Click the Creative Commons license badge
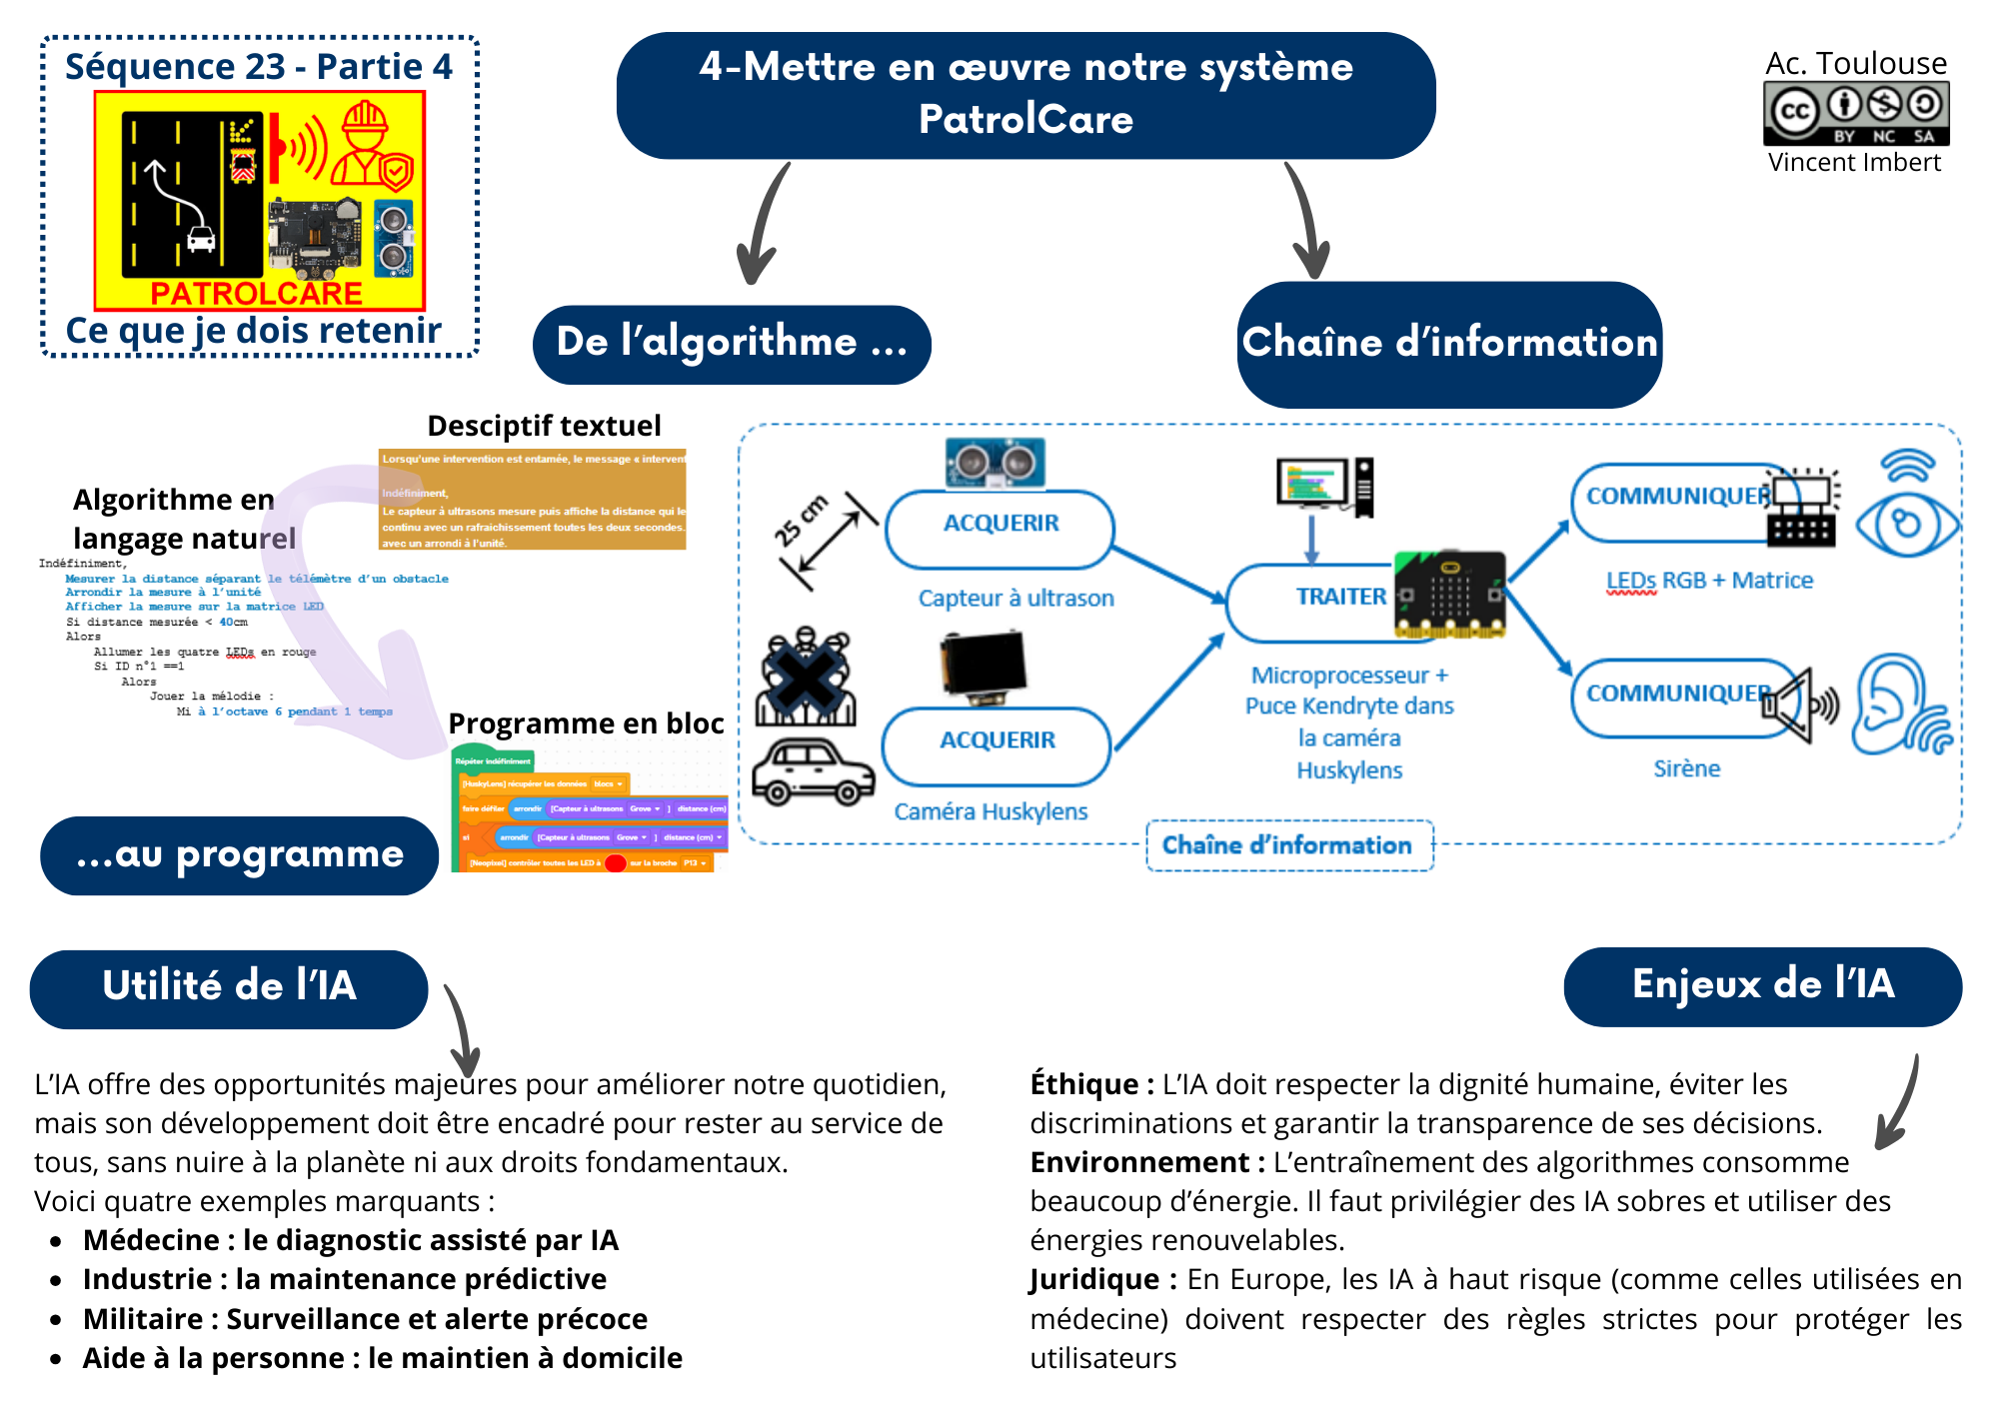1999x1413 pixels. click(x=1856, y=114)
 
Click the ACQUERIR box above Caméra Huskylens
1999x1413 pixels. click(x=997, y=741)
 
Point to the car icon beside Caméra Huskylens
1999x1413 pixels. click(x=812, y=772)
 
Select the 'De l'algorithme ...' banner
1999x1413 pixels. click(x=732, y=343)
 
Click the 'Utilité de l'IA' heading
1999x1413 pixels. click(x=229, y=986)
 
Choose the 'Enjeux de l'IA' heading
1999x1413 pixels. click(x=1762, y=985)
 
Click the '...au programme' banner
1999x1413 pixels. click(x=240, y=855)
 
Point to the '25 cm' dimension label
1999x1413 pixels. click(x=801, y=521)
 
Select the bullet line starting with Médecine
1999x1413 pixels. click(x=351, y=1240)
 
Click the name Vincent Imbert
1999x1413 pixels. click(x=1854, y=163)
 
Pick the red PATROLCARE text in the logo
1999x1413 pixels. click(x=257, y=294)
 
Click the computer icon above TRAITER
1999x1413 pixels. click(x=1325, y=486)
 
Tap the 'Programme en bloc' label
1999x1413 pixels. click(x=586, y=723)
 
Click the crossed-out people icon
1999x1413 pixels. click(x=806, y=676)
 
